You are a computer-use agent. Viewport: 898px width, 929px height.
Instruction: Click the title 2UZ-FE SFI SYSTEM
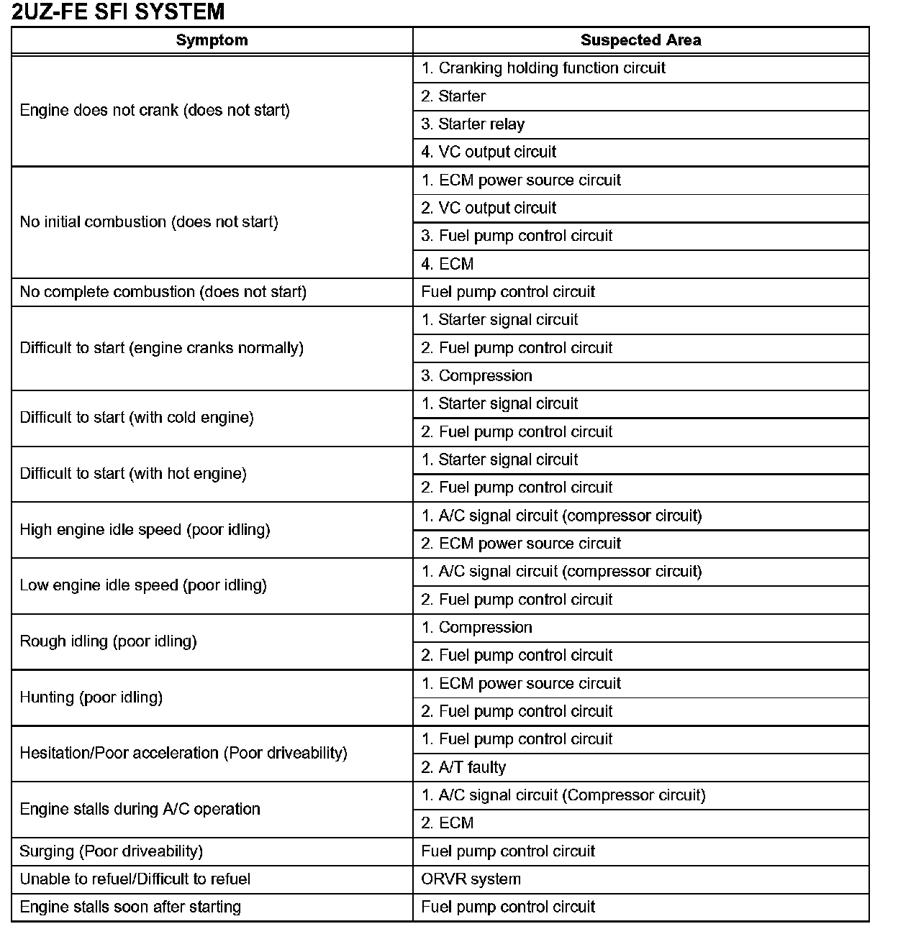pos(118,12)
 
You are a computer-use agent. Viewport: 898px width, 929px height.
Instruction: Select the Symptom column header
pos(212,40)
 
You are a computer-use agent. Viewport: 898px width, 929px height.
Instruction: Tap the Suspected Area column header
pos(640,40)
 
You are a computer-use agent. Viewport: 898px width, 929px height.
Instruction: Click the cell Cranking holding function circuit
pos(543,68)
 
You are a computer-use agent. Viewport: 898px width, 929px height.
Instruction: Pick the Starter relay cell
pos(473,124)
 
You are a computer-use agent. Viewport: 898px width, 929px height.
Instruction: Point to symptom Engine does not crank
pos(155,110)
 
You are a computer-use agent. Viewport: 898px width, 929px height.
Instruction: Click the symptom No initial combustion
pos(149,222)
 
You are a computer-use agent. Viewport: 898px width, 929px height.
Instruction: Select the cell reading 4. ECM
pos(448,264)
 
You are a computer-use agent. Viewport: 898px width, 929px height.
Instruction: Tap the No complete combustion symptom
pos(163,292)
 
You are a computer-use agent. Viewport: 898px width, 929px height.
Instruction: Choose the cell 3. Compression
pos(476,376)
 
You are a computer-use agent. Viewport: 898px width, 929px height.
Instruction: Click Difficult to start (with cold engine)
pos(137,418)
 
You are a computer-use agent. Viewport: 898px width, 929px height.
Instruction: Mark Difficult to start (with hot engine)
pos(133,474)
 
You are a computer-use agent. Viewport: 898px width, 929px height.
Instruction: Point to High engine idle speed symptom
pos(145,530)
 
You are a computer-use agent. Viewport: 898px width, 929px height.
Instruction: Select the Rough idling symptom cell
pos(108,641)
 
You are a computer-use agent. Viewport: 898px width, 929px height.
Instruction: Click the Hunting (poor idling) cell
pos(91,697)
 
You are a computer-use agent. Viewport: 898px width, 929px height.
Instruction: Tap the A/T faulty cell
pos(463,767)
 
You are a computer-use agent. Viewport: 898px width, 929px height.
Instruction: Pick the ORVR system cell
pos(471,879)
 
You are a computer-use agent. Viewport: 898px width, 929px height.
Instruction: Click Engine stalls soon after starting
pos(130,907)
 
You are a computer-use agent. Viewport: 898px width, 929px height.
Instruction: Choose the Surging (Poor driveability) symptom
pos(111,851)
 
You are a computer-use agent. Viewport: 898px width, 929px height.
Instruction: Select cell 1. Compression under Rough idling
pos(476,628)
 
